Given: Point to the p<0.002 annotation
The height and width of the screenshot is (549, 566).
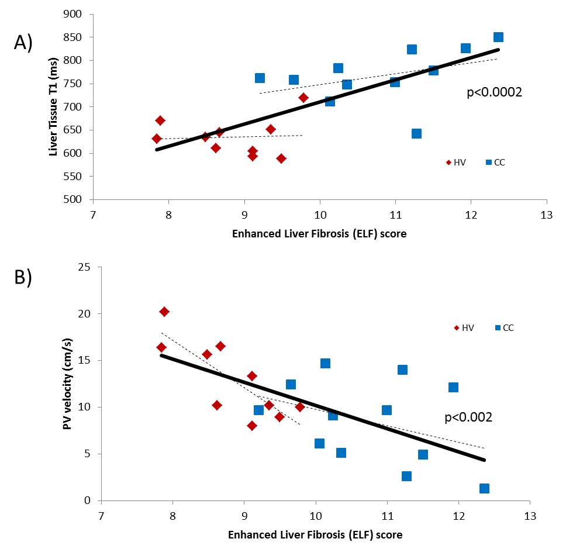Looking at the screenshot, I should (x=468, y=417).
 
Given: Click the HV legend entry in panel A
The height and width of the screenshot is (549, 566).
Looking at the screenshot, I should (x=455, y=163).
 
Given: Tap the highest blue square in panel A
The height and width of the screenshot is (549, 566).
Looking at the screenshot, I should (x=498, y=37).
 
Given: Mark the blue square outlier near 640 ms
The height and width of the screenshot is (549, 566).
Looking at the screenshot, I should (x=416, y=134).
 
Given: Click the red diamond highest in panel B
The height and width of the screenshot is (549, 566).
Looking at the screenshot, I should (x=164, y=312).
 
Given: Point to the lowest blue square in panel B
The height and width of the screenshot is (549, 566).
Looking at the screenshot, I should (x=484, y=488).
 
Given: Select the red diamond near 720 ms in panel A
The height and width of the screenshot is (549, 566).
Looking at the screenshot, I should (x=303, y=98).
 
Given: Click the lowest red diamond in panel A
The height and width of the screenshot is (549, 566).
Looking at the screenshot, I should (x=281, y=158).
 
